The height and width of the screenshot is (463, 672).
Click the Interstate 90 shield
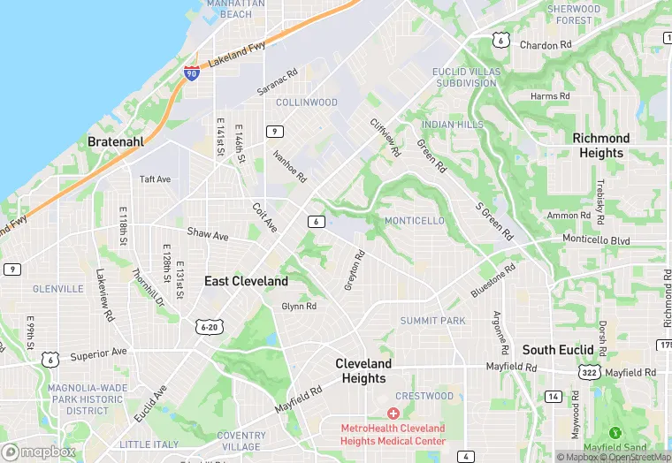(193, 73)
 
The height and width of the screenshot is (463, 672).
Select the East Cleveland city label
(246, 281)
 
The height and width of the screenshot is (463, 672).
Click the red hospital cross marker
(393, 414)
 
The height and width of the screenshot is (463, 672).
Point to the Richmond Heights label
(601, 146)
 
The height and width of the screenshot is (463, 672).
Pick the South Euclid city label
(557, 350)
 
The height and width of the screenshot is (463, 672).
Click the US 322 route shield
(590, 375)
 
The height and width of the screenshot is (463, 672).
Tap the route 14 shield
(554, 397)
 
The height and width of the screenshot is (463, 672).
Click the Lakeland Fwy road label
(236, 58)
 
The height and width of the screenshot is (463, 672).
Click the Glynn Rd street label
(299, 307)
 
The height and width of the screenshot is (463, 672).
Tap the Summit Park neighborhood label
(432, 321)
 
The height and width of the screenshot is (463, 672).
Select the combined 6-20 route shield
(210, 327)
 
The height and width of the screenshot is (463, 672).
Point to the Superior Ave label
(99, 353)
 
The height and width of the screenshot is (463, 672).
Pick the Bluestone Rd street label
(493, 280)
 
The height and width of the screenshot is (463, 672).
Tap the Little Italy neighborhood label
(149, 444)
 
